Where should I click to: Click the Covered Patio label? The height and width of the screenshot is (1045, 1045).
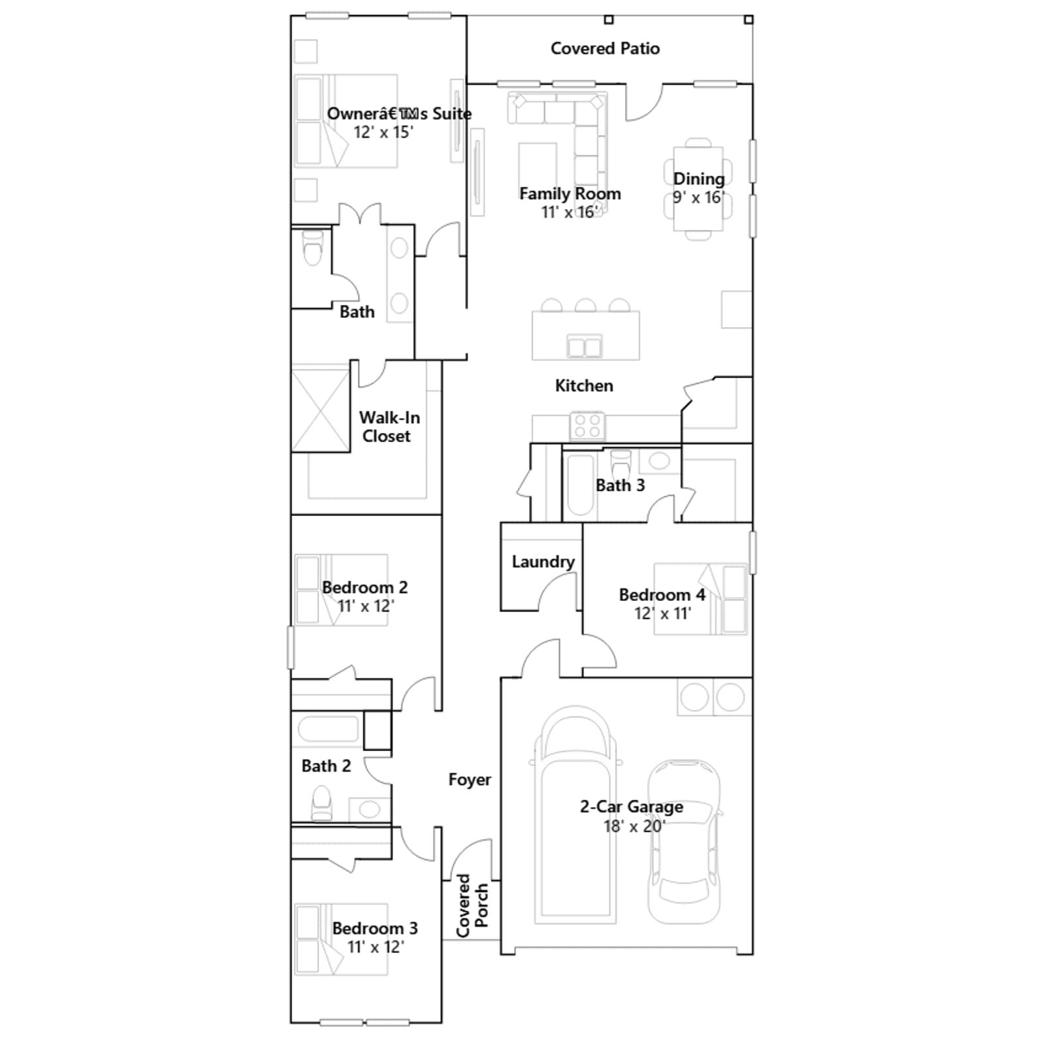[605, 48]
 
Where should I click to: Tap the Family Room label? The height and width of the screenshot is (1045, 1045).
[570, 193]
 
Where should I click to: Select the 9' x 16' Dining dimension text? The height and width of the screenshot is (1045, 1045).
[699, 197]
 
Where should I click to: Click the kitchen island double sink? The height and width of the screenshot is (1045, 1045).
[585, 346]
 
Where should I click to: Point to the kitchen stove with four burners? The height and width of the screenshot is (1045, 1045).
[588, 426]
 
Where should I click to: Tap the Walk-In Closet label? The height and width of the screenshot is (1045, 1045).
[389, 426]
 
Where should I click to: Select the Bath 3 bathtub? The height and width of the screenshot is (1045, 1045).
[581, 484]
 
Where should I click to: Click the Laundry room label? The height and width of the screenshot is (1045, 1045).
[543, 562]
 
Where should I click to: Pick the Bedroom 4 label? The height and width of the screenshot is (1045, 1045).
[662, 595]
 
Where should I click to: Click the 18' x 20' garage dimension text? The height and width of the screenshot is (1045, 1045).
[634, 826]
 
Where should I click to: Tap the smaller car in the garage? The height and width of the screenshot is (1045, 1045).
[684, 842]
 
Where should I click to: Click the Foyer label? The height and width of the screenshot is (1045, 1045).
[470, 780]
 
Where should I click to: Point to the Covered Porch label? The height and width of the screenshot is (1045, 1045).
[472, 905]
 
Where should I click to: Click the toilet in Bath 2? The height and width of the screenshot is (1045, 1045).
[321, 802]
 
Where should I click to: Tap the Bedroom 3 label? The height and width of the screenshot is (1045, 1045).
[375, 928]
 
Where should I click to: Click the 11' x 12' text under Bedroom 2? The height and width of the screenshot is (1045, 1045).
[366, 606]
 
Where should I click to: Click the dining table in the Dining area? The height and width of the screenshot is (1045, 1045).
[698, 188]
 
